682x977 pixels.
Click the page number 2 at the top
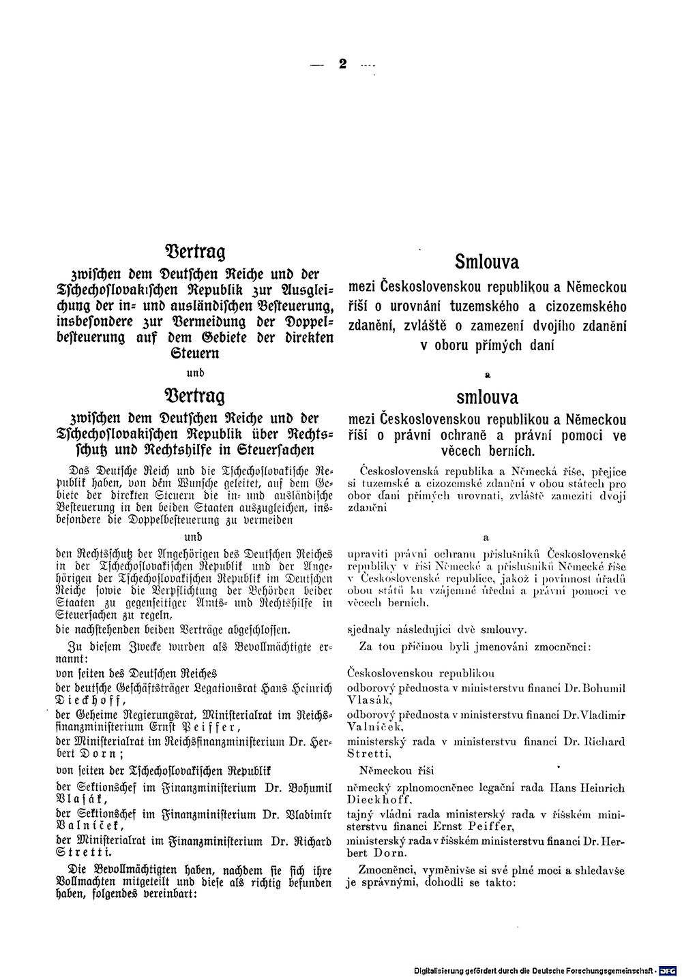(342, 65)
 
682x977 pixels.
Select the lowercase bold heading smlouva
(487, 397)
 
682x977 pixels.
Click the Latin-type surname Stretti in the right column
(369, 754)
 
